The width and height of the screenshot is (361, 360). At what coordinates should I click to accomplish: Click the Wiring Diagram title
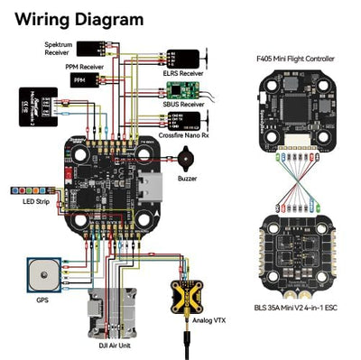coord(80,19)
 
